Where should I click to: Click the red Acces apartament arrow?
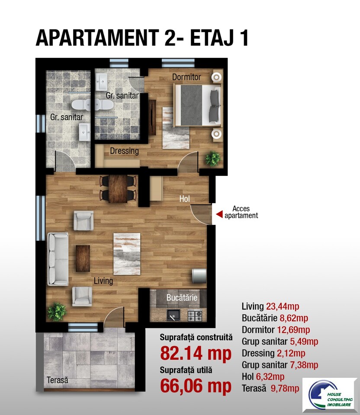[x=219, y=214]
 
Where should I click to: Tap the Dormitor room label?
[x=186, y=77]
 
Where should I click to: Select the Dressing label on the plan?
[x=124, y=151]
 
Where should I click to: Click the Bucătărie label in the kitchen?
[x=182, y=297]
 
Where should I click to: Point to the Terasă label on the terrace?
[x=58, y=380]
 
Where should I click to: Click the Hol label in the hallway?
[x=184, y=199]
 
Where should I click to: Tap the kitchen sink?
[x=173, y=315]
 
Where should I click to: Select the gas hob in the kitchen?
[x=195, y=315]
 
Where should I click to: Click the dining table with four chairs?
[x=118, y=189]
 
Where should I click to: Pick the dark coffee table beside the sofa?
[x=83, y=259]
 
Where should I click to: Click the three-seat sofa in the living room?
[x=58, y=259]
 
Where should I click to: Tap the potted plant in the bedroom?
[x=213, y=158]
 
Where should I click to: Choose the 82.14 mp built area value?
[x=196, y=353]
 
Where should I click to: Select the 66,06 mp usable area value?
[x=196, y=386]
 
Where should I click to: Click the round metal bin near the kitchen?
[x=199, y=276]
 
